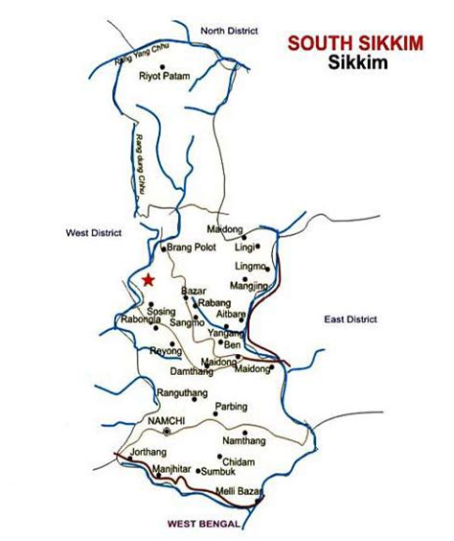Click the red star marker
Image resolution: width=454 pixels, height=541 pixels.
point(148,280)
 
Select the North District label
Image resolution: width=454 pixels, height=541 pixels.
point(230,32)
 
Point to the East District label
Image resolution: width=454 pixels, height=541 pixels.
point(351,318)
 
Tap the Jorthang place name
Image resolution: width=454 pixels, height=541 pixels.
point(134,451)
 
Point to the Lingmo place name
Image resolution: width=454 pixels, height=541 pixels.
point(250,266)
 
